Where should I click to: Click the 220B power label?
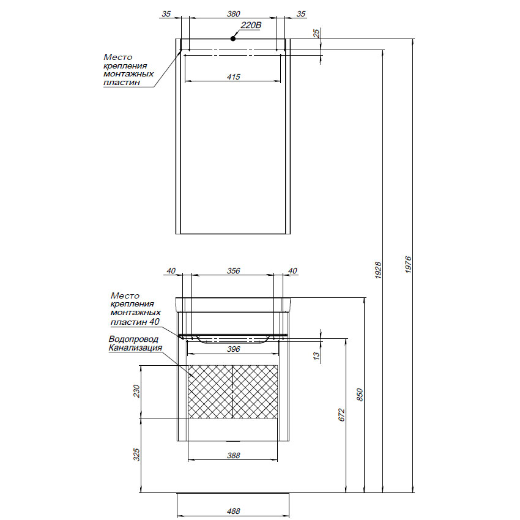tap(251, 25)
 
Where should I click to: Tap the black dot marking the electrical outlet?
tap(233, 39)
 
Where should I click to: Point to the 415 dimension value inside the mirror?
tap(233, 76)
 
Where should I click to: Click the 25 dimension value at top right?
tap(316, 34)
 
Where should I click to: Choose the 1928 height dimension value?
tap(378, 269)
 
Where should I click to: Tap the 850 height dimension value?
tap(360, 395)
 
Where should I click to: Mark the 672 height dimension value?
tap(343, 415)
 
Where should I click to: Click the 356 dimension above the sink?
tap(233, 270)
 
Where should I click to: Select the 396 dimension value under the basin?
tap(233, 349)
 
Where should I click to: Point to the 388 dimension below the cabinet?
tap(233, 455)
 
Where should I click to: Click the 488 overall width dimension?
tap(233, 511)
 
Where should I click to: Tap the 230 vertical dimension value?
tap(137, 391)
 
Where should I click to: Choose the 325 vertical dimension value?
tap(137, 454)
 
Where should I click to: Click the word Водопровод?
tap(133, 339)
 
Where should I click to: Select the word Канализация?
tap(135, 348)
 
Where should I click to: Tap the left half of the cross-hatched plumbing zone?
tap(210, 392)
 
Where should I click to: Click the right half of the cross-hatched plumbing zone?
tap(256, 392)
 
